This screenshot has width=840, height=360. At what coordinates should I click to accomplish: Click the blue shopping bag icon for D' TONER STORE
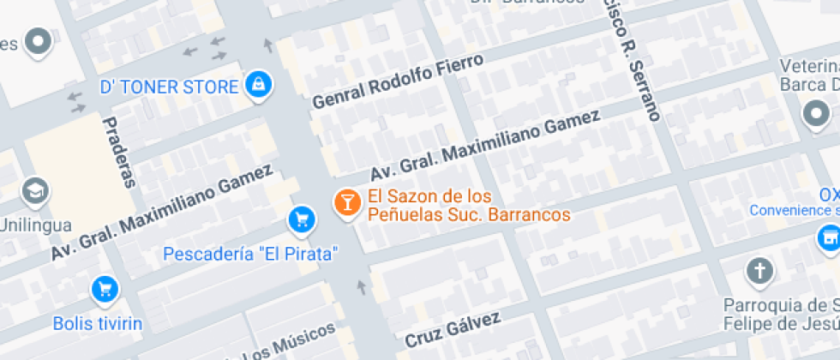coord(258,84)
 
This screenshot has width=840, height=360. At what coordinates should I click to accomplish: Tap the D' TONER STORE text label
coord(168,87)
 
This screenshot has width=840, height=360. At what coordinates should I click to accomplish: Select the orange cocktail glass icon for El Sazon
coord(346,202)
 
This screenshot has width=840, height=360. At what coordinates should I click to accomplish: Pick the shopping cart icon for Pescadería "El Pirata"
coord(301,219)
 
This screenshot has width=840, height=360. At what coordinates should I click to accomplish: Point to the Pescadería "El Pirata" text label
coord(250,255)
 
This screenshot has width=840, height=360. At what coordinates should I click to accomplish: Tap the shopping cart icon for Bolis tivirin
coord(105,289)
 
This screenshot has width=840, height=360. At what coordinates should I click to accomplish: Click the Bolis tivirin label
coord(98,324)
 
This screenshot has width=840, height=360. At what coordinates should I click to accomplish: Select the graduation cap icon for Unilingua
coord(36,190)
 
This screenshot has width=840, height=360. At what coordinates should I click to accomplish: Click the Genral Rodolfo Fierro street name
coord(398,81)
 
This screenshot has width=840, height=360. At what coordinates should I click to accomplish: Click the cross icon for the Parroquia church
coord(759,271)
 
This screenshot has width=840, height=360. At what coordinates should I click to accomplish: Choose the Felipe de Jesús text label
coord(781,324)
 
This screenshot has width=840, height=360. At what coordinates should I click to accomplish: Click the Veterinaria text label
coord(808,67)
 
